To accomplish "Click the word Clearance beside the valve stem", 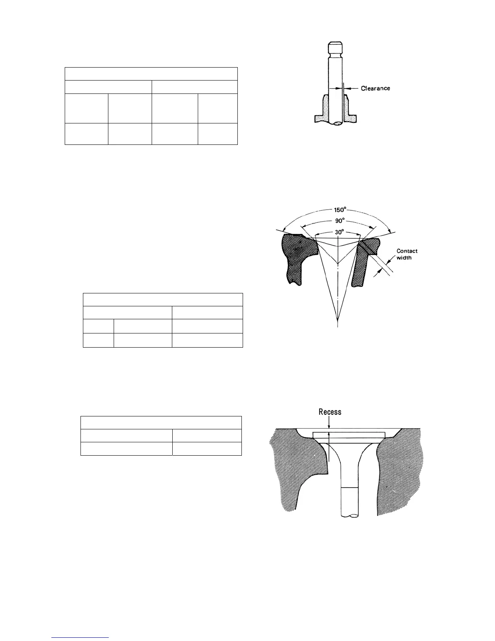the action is click(x=375, y=88).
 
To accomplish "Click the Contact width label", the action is click(x=406, y=255).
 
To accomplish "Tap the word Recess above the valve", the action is click(x=330, y=412).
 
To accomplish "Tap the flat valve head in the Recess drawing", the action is click(x=349, y=435).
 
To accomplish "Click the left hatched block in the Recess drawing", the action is click(x=295, y=469).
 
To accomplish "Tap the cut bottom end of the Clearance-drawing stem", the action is click(x=335, y=123).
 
